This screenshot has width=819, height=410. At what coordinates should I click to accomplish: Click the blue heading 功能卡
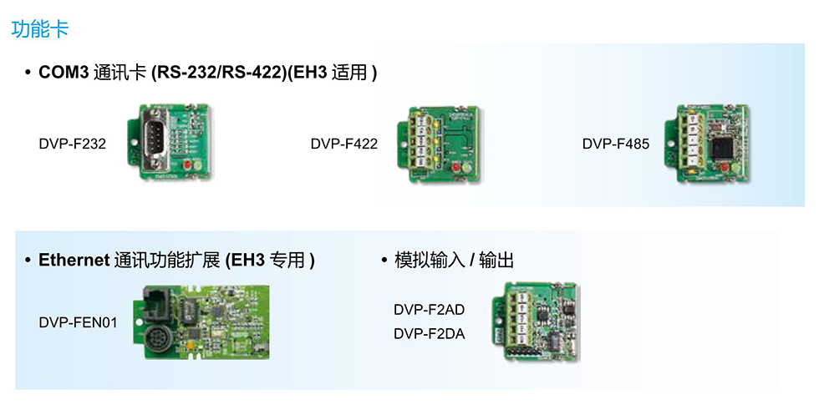click(x=40, y=29)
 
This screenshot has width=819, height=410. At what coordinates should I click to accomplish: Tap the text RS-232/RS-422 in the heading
click(x=218, y=73)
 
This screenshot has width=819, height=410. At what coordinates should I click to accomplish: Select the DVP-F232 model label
click(x=72, y=144)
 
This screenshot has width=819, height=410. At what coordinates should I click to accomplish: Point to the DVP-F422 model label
click(x=343, y=144)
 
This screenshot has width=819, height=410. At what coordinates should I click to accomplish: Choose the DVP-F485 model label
click(x=615, y=144)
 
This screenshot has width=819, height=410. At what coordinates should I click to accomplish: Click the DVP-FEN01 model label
click(x=79, y=322)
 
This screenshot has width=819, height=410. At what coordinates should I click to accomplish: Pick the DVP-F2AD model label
click(x=429, y=310)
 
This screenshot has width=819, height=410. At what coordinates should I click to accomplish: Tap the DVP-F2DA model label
click(x=429, y=334)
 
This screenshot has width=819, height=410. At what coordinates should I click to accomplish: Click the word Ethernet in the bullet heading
click(x=74, y=261)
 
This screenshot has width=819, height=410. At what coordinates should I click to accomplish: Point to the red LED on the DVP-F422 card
click(x=456, y=167)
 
